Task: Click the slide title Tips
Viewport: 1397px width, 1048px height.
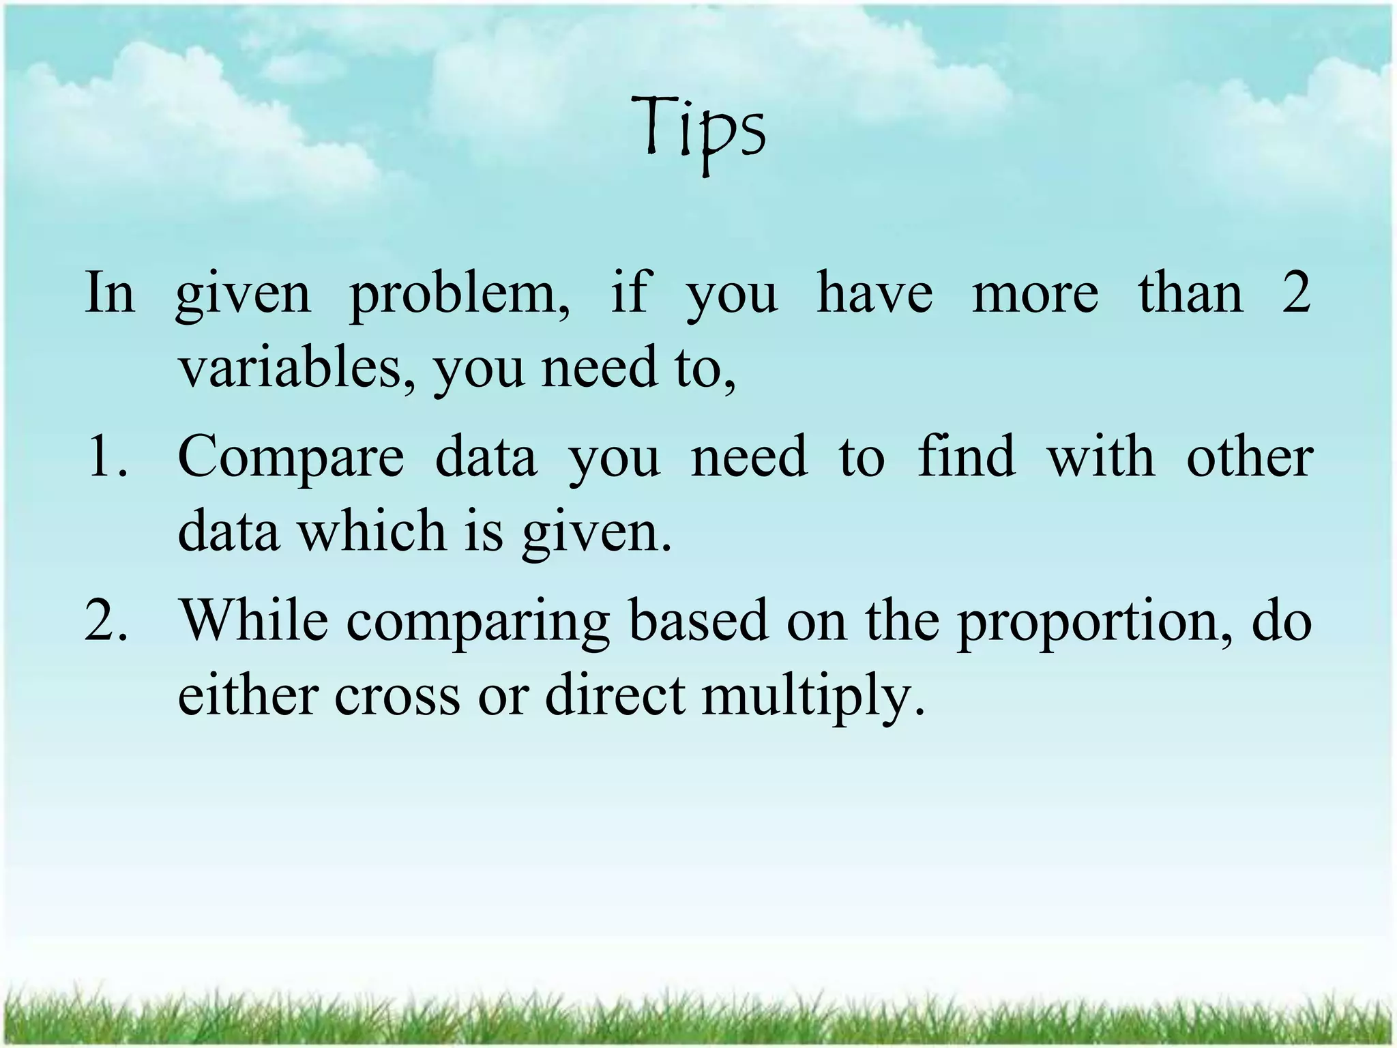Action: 698,130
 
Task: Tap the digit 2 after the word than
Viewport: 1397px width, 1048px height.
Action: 1295,292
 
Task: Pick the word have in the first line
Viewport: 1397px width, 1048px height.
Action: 874,293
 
